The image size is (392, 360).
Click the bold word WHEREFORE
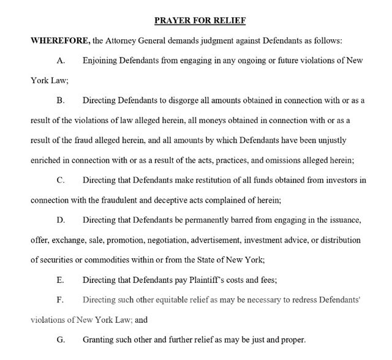tap(59, 40)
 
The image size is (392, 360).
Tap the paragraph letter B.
tap(60, 100)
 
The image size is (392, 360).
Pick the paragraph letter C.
tap(60, 180)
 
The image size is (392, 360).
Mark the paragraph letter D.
tap(60, 220)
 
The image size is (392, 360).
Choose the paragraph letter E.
tap(59, 280)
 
